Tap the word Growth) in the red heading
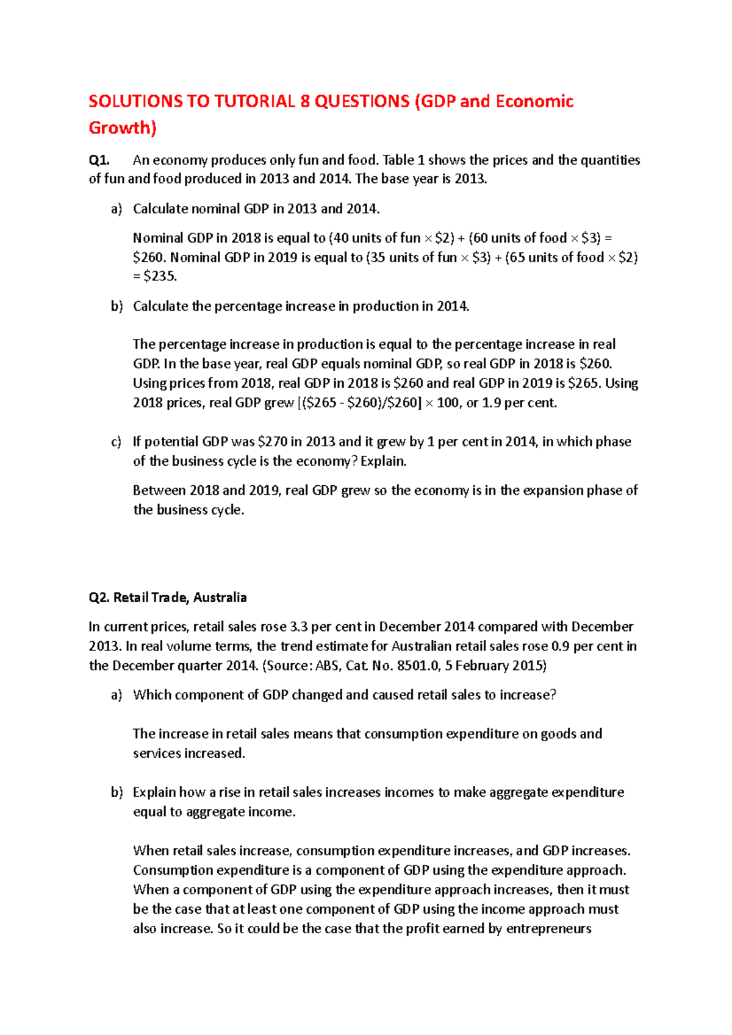pos(123,128)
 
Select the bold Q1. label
pos(99,160)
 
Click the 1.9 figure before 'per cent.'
pos(492,403)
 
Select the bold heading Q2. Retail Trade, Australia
pos(168,597)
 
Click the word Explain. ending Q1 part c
pos(384,461)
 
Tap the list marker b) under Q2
pos(117,792)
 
